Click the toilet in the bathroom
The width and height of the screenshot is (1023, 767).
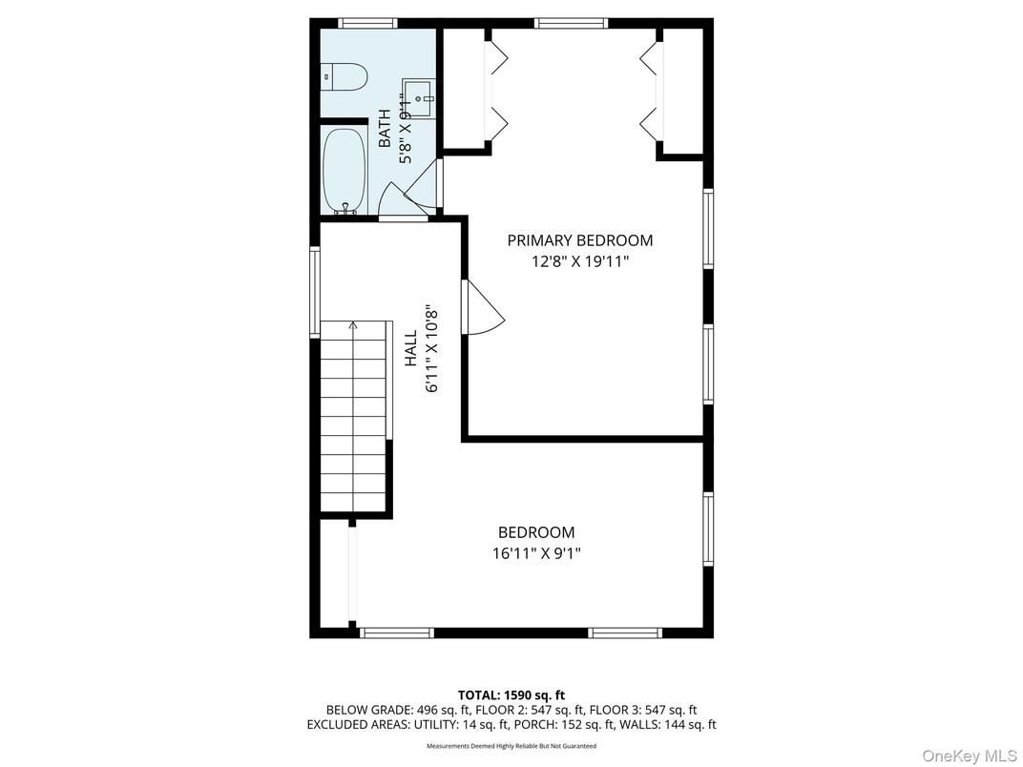pos(344,75)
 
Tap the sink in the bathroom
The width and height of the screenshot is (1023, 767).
pos(419,93)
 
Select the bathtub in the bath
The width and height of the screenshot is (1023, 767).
pos(343,171)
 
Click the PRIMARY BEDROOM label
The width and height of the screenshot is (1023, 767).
pos(579,240)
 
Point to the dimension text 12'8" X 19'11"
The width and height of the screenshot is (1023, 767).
pos(579,260)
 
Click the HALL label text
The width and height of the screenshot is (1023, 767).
pos(410,349)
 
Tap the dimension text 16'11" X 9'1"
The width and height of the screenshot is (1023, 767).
pos(536,552)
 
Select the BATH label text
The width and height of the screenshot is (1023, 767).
pos(385,129)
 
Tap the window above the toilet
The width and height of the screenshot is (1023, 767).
pos(367,23)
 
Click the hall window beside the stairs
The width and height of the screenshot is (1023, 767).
pos(314,292)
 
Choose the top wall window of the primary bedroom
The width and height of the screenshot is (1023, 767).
pos(571,23)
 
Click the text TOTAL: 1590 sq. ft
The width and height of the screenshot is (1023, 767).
pos(511,695)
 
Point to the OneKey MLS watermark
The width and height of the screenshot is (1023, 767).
pos(967,756)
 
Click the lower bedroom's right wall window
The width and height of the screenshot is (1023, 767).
pos(708,529)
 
